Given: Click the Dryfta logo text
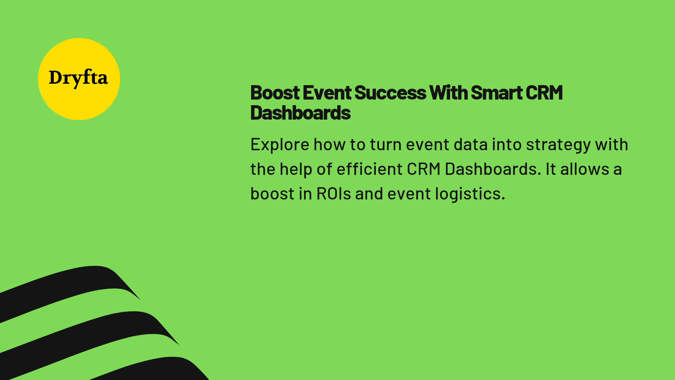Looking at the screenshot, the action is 78,78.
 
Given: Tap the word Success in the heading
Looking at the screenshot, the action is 390,93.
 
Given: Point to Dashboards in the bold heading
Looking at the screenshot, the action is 301,113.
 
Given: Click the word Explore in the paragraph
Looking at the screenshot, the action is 280,145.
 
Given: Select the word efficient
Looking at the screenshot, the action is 369,169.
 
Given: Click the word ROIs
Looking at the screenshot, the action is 334,194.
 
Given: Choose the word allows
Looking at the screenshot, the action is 585,169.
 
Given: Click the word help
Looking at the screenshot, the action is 296,169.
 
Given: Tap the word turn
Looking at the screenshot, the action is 386,145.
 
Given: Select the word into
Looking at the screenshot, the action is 507,145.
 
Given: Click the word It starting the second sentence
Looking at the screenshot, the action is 551,169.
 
